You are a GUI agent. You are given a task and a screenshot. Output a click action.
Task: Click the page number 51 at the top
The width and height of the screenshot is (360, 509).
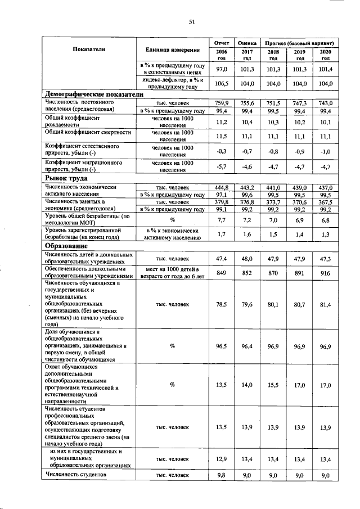click(191, 22)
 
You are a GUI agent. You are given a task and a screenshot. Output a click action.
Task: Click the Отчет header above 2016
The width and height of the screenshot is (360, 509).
click(221, 43)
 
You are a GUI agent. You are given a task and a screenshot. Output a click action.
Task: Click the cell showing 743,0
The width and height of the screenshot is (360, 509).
click(325, 103)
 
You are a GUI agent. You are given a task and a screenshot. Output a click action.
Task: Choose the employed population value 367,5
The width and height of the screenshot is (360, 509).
click(325, 202)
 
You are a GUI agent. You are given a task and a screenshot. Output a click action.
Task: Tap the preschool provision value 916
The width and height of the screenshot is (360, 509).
click(325, 273)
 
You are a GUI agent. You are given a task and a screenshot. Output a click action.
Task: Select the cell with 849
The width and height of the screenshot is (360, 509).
click(221, 273)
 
